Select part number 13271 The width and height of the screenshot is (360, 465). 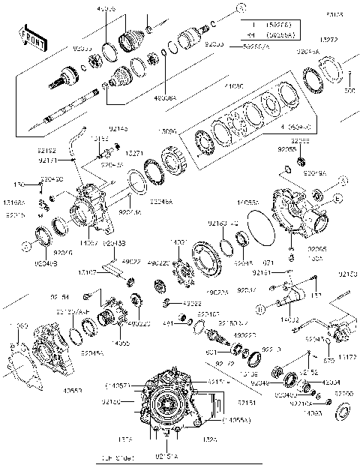click(135, 151)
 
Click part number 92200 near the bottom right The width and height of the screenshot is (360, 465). click(343, 393)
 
